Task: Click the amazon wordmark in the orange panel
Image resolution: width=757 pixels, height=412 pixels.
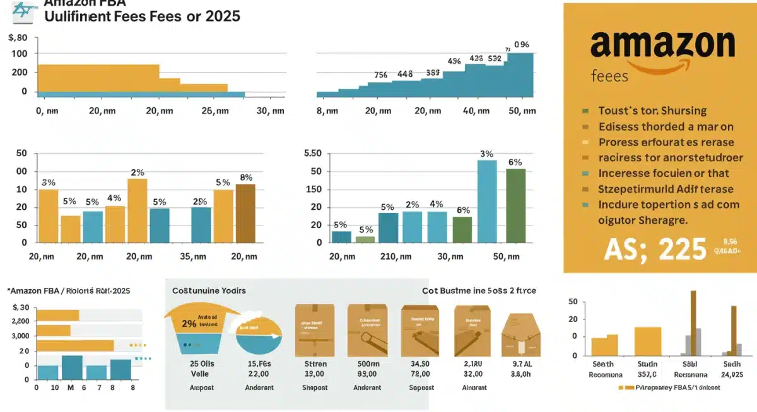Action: (662, 45)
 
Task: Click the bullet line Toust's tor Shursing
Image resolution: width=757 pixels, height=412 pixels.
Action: (652, 111)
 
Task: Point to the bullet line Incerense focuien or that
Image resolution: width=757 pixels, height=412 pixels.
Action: (664, 173)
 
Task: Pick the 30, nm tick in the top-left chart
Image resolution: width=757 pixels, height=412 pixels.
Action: (271, 111)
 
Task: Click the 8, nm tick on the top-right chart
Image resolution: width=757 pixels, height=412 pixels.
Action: (327, 111)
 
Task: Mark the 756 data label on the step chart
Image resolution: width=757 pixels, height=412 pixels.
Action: (380, 75)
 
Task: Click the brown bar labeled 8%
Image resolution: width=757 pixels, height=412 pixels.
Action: (245, 213)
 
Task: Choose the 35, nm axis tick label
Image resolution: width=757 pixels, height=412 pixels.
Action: (193, 256)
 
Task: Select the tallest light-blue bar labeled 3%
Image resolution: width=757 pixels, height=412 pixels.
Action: (486, 201)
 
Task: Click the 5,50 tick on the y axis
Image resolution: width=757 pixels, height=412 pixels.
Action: (313, 153)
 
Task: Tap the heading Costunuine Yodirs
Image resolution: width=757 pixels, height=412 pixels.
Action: (209, 290)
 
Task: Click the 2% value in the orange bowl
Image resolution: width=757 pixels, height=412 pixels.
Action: (189, 324)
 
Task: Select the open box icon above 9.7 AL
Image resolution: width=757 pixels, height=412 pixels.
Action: (519, 331)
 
